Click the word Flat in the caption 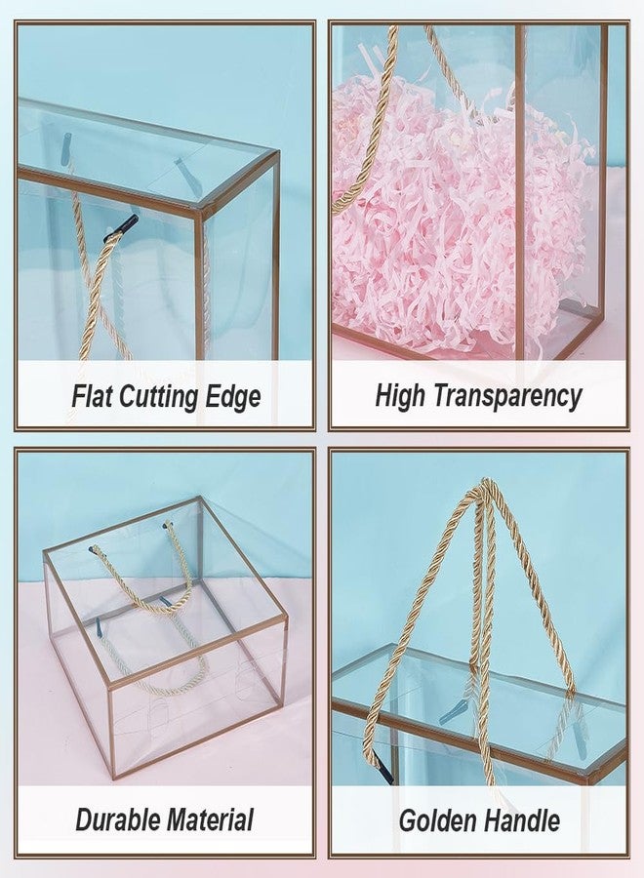(96, 397)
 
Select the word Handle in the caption (525, 819)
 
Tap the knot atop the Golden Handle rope (481, 491)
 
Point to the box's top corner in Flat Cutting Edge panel (276, 153)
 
